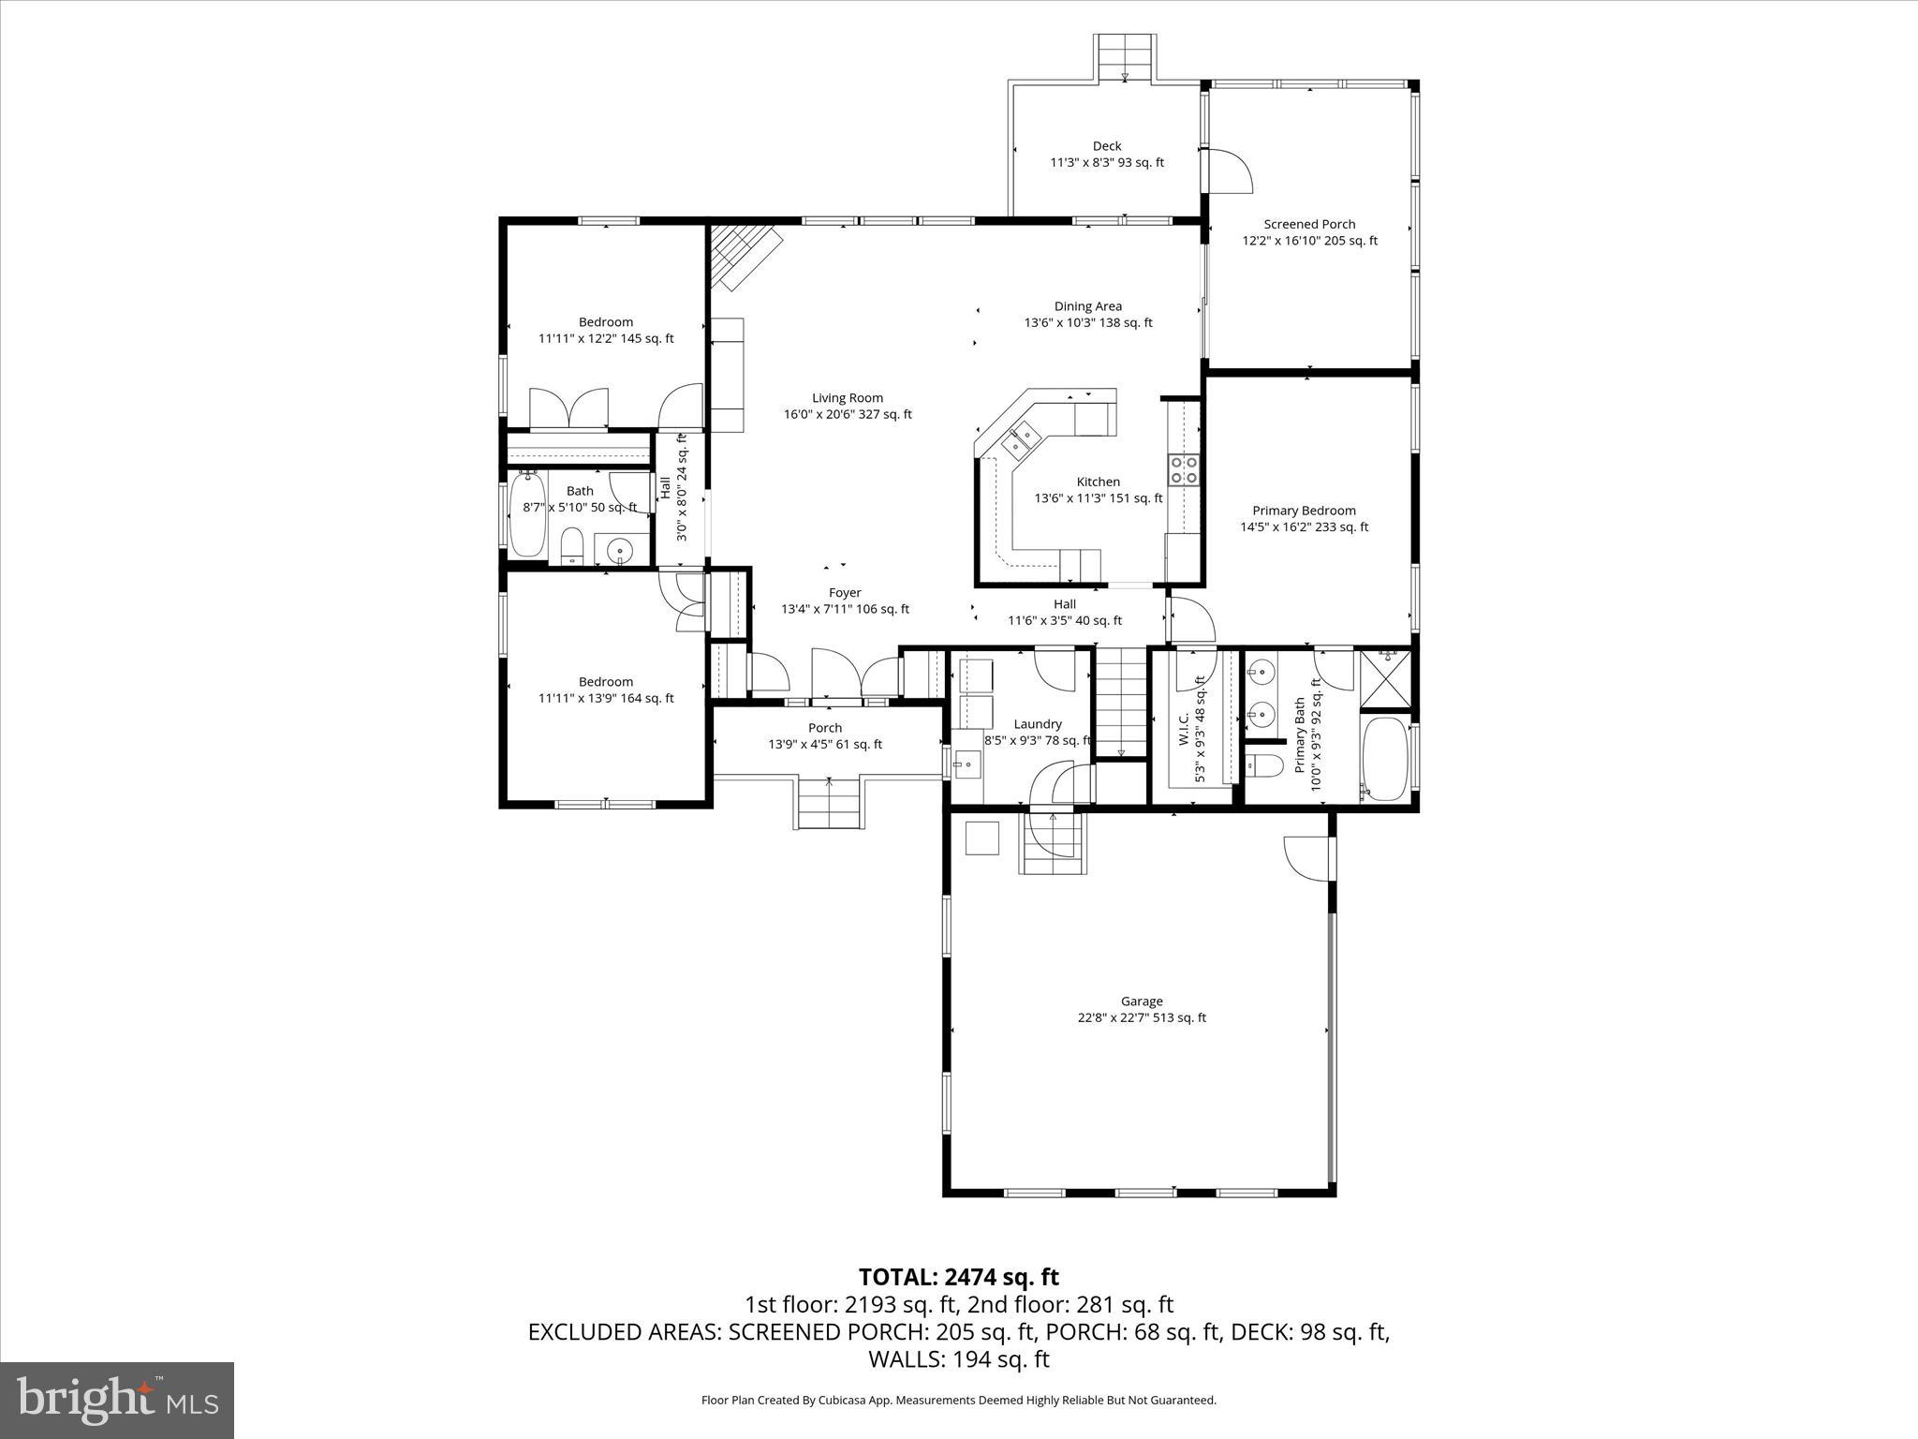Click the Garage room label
tap(1141, 1009)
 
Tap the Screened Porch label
tap(1309, 232)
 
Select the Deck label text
tap(1106, 154)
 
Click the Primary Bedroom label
tap(1304, 518)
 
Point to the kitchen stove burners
tap(1184, 468)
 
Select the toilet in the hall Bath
tap(571, 546)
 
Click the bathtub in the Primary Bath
tap(1384, 757)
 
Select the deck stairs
tap(1125, 58)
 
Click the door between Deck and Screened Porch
tap(1227, 171)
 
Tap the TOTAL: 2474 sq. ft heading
tap(958, 1277)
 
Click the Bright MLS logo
tap(117, 1400)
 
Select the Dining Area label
tap(1087, 314)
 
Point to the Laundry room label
tap(1037, 732)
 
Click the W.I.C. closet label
tap(1190, 728)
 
